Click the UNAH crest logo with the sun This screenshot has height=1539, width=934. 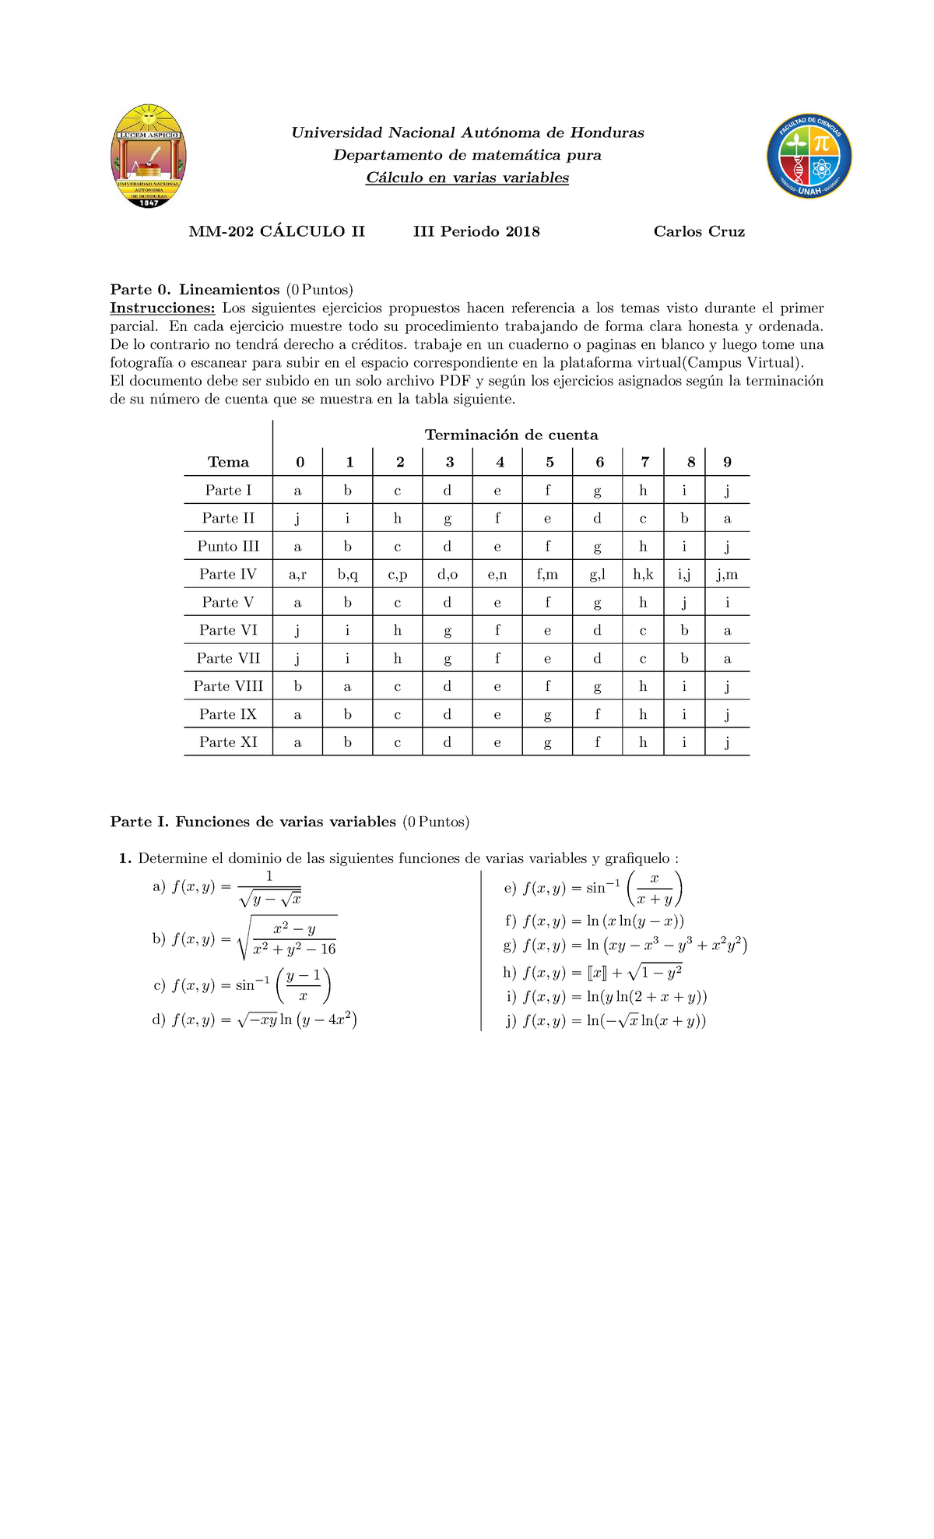(148, 156)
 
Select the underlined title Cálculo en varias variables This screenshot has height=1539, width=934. (467, 178)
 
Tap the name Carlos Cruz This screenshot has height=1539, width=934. (699, 231)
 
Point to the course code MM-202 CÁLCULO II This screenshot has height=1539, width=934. (276, 231)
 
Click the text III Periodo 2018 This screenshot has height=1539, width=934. (476, 231)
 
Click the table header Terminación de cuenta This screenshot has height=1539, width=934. (511, 435)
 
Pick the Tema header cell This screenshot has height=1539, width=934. (228, 462)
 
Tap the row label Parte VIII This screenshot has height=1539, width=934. (228, 686)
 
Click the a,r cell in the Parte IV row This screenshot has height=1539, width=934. (297, 575)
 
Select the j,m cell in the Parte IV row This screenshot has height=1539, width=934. (727, 575)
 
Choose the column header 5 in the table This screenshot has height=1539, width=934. (550, 462)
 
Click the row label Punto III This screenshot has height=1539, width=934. (228, 546)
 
